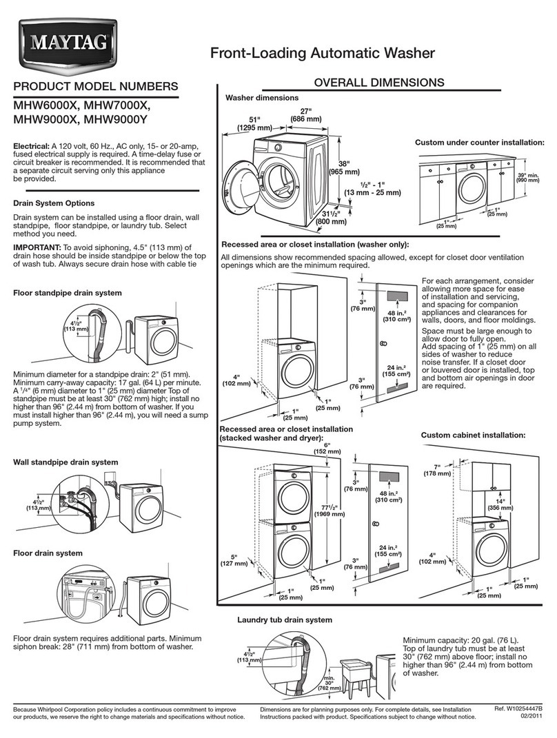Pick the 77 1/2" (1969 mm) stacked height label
click(x=330, y=508)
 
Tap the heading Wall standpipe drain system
click(x=66, y=462)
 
